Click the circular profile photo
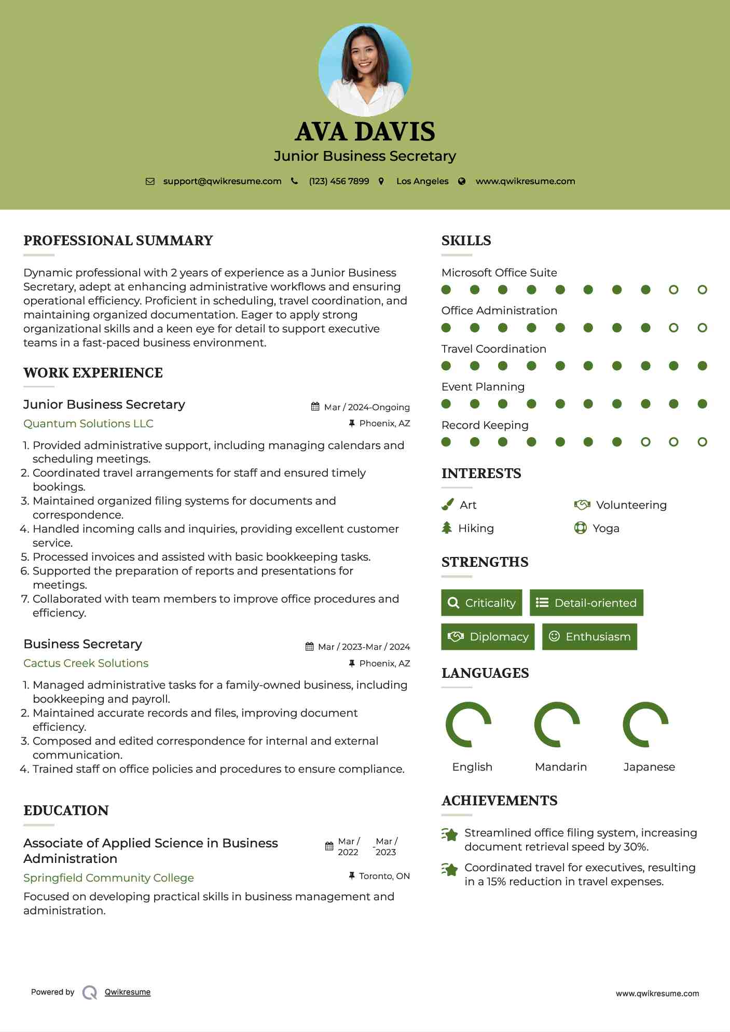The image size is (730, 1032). click(x=365, y=69)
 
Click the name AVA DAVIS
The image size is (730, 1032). click(x=365, y=132)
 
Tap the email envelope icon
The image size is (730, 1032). click(x=150, y=182)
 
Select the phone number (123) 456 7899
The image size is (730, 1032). click(x=339, y=182)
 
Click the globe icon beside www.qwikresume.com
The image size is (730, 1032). click(x=462, y=182)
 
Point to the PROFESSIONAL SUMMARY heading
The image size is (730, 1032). click(x=118, y=241)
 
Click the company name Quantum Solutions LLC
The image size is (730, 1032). click(x=88, y=424)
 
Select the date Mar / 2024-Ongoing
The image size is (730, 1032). click(x=367, y=407)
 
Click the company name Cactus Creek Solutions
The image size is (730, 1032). click(x=86, y=663)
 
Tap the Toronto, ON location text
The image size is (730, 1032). click(x=384, y=876)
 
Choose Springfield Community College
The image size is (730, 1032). click(x=108, y=878)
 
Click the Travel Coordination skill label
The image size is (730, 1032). click(x=493, y=349)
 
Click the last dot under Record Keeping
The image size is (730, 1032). click(x=702, y=442)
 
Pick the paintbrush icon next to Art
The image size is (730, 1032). click(x=447, y=505)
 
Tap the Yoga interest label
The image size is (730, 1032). click(x=606, y=528)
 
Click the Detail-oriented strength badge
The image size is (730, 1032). click(x=586, y=603)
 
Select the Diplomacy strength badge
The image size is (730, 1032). click(x=488, y=637)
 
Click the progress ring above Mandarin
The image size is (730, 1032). click(x=557, y=724)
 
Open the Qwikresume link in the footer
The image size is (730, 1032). click(x=128, y=992)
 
